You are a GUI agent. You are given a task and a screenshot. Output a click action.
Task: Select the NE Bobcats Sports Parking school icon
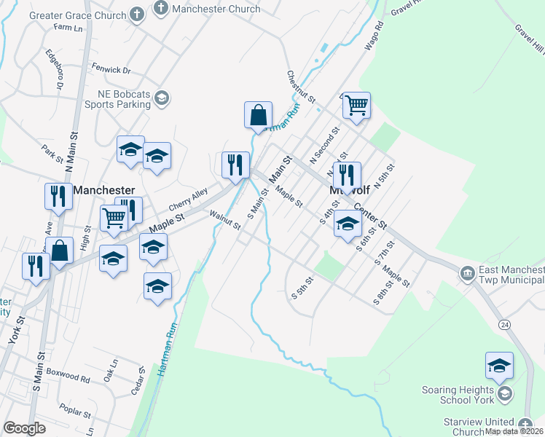pyautogui.click(x=162, y=98)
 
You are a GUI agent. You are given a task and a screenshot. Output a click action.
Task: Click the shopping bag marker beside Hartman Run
pyautogui.click(x=258, y=115)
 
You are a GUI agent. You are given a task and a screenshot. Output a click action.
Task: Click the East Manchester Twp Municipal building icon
pyautogui.click(x=467, y=274)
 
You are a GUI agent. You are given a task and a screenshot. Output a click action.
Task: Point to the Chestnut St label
pyautogui.click(x=300, y=87)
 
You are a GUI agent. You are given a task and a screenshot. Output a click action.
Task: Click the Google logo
pyautogui.click(x=24, y=428)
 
